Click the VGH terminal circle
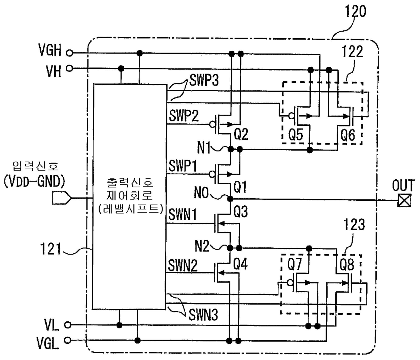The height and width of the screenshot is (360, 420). pos(69,53)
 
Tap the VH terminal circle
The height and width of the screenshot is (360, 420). pos(69,68)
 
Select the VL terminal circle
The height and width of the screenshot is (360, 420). pos(68,325)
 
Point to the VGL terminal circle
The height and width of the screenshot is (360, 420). pos(68,340)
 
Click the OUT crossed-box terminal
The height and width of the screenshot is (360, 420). pos(404,201)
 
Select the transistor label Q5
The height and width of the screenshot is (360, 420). pos(296,135)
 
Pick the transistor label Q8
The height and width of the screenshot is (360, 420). pos(347,265)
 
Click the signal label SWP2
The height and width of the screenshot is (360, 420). pos(184,116)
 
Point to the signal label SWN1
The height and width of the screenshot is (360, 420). pos(183,215)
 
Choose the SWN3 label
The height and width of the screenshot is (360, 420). pos(203,315)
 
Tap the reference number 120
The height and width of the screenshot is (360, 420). pos(356,11)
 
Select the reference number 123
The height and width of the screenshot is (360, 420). pos(354,224)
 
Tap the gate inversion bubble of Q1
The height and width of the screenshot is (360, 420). pos(212,174)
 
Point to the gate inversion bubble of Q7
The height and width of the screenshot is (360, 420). pos(290,282)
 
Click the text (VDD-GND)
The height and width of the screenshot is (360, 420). pos(34,181)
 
